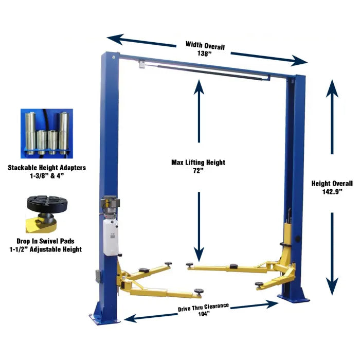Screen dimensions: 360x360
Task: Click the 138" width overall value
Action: pyautogui.click(x=204, y=53)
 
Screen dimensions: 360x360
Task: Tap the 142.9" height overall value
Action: pyautogui.click(x=332, y=191)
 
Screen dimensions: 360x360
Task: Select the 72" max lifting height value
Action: pyautogui.click(x=199, y=171)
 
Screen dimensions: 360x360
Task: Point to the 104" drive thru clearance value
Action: pyautogui.click(x=204, y=314)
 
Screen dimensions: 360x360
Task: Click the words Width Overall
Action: pyautogui.click(x=205, y=45)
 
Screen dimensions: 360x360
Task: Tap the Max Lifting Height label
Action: pyautogui.click(x=199, y=163)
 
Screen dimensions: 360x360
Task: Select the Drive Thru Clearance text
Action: pyautogui.click(x=204, y=307)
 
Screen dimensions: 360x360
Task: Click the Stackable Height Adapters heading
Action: pyautogui.click(x=47, y=168)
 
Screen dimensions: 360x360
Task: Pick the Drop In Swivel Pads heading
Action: pyautogui.click(x=45, y=241)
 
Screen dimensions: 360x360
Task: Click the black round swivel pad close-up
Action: pyautogui.click(x=47, y=204)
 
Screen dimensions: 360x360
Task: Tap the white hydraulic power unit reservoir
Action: pyautogui.click(x=111, y=237)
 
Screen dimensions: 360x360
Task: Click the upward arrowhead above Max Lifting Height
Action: pyautogui.click(x=199, y=87)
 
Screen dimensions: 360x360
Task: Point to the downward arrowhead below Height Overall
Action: pyautogui.click(x=332, y=286)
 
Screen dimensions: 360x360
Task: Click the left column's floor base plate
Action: pyautogui.click(x=104, y=319)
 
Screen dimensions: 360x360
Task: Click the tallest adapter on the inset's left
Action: pyautogui.click(x=30, y=133)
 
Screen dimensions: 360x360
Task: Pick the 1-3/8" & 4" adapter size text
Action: pyautogui.click(x=47, y=176)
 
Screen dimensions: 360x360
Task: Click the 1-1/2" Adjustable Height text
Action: pyautogui.click(x=45, y=249)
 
